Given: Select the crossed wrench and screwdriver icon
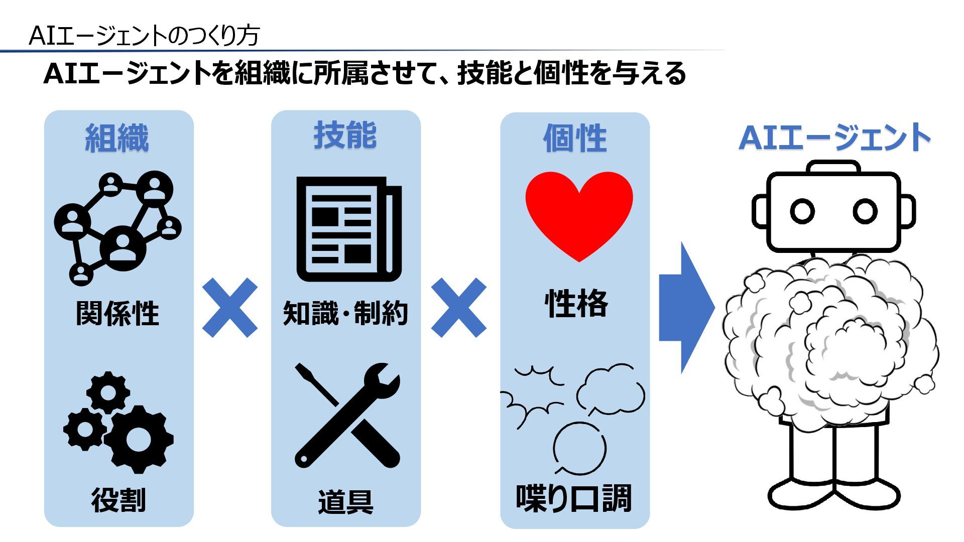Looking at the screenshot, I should (x=347, y=416).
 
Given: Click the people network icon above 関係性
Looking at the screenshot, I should (x=117, y=228).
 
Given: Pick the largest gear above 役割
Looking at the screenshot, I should (x=138, y=439).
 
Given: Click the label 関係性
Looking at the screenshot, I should (x=117, y=314).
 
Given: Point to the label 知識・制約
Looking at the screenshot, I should (x=345, y=314).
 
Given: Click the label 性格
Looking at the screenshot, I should (x=576, y=304).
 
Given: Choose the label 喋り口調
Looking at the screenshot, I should (x=574, y=498).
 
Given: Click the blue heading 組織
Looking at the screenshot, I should (x=117, y=138).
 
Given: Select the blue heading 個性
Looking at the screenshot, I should (x=575, y=139).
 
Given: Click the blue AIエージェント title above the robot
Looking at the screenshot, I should (x=834, y=138).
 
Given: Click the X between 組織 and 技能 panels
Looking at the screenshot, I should (x=230, y=308).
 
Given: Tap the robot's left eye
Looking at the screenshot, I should (x=802, y=211).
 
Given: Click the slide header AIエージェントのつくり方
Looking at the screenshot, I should (x=144, y=36).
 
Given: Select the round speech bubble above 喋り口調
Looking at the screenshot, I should (x=579, y=449).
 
